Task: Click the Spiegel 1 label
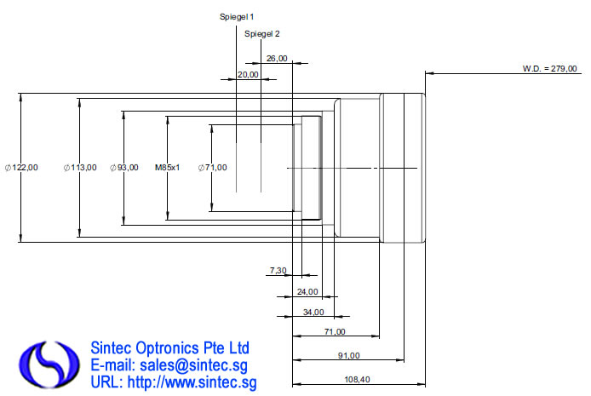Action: pyautogui.click(x=237, y=16)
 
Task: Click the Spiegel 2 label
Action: pyautogui.click(x=261, y=33)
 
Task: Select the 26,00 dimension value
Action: pyautogui.click(x=277, y=59)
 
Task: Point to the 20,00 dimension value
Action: pyautogui.click(x=248, y=75)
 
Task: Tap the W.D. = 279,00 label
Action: pyautogui.click(x=549, y=67)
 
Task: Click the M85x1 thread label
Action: pyautogui.click(x=167, y=168)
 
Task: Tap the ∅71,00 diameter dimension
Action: pyautogui.click(x=212, y=168)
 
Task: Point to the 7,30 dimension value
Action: pyautogui.click(x=278, y=270)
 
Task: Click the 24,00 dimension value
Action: pyautogui.click(x=295, y=291)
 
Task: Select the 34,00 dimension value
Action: pyautogui.click(x=313, y=312)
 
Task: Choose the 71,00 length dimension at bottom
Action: pyautogui.click(x=335, y=331)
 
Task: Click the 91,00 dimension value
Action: pyautogui.click(x=348, y=355)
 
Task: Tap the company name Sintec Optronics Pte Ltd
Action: pyautogui.click(x=169, y=348)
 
